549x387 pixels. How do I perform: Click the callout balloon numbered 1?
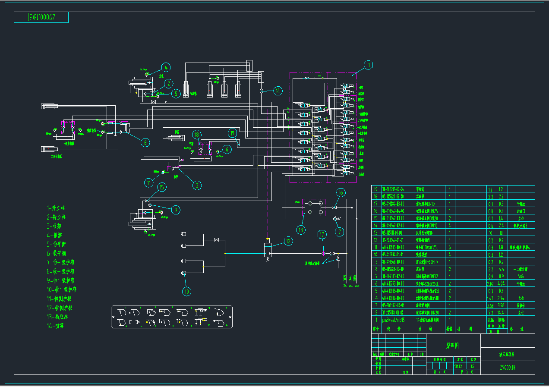368,65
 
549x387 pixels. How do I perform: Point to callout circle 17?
322,235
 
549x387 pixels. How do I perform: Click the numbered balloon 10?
187,292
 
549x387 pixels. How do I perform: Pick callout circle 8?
145,142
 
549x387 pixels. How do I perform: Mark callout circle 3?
197,186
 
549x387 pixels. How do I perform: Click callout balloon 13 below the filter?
300,230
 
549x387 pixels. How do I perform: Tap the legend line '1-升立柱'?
57,208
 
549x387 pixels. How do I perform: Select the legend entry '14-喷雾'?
57,326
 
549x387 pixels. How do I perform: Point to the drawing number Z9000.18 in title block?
508,368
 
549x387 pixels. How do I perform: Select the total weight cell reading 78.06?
501,320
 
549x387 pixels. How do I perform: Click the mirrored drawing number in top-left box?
41,18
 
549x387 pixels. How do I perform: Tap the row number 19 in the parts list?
375,189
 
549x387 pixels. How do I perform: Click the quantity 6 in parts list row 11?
450,247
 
